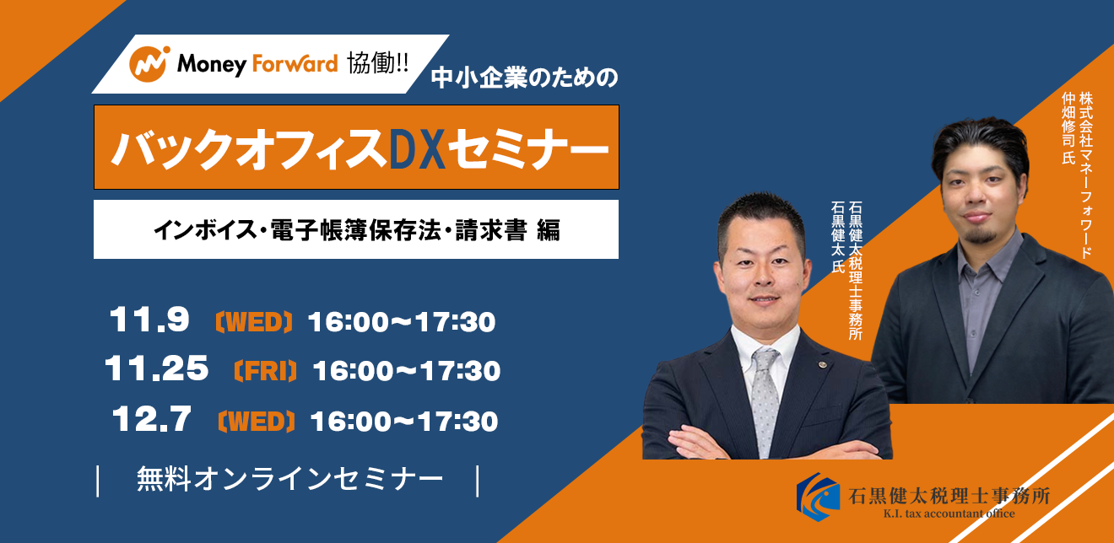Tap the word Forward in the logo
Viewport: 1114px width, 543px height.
click(295, 63)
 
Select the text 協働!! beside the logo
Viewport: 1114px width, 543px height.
click(377, 63)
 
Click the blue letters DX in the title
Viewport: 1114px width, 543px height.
click(417, 149)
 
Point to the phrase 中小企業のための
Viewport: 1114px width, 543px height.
click(524, 78)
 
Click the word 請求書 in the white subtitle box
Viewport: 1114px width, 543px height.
click(491, 230)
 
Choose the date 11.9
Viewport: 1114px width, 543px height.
click(149, 320)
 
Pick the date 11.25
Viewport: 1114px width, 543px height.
click(157, 368)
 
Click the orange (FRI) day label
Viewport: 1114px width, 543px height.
click(265, 371)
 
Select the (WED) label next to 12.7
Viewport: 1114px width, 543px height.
click(257, 422)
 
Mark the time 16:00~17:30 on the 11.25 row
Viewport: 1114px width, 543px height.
click(406, 371)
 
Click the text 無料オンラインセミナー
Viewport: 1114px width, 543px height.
click(290, 479)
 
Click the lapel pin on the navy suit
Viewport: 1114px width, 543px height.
click(823, 365)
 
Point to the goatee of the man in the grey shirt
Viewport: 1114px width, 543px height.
click(980, 236)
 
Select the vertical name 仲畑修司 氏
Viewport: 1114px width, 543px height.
click(1068, 128)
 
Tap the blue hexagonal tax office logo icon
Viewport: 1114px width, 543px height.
click(818, 497)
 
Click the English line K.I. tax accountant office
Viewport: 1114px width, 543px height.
click(949, 513)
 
